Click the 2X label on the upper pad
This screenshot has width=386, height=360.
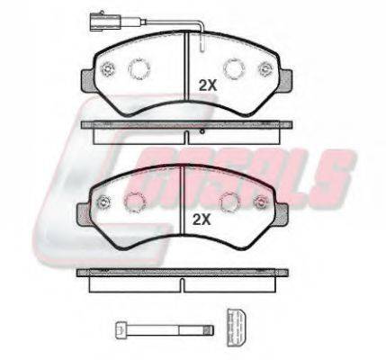208,86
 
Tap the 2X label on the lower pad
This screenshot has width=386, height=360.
202,220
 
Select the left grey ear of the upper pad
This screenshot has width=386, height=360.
87,80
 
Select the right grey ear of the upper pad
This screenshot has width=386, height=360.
286,79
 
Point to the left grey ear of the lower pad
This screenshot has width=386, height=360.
84,215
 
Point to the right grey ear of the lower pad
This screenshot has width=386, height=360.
283,214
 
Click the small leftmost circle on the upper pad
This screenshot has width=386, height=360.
107,70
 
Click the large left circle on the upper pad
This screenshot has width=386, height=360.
139,69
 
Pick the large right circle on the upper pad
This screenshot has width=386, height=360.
234,68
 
